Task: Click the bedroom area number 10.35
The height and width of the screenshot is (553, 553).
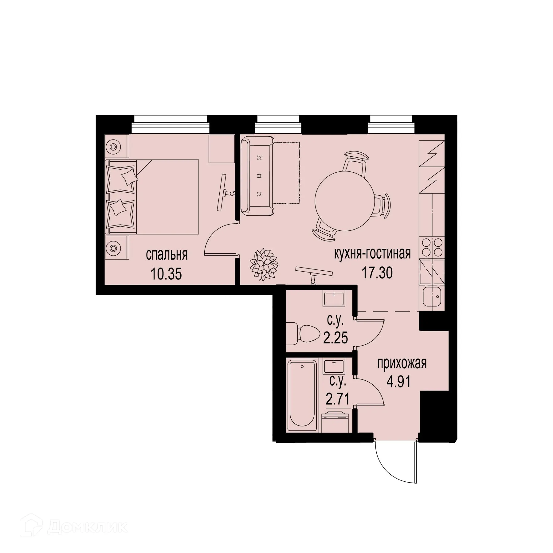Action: pos(166,273)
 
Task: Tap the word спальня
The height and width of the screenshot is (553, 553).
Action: pos(167,255)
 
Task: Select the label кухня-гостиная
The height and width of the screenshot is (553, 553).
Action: pos(372,254)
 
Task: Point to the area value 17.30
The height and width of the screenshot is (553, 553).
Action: pos(378,273)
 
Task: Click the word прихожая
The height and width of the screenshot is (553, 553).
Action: pos(402,364)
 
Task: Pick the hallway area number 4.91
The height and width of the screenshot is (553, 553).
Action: pos(398,383)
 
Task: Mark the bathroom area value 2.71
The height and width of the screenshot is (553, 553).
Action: pos(337,400)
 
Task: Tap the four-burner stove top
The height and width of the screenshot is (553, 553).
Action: pos(432,247)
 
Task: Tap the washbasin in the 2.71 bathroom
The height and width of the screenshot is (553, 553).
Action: pos(334,365)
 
